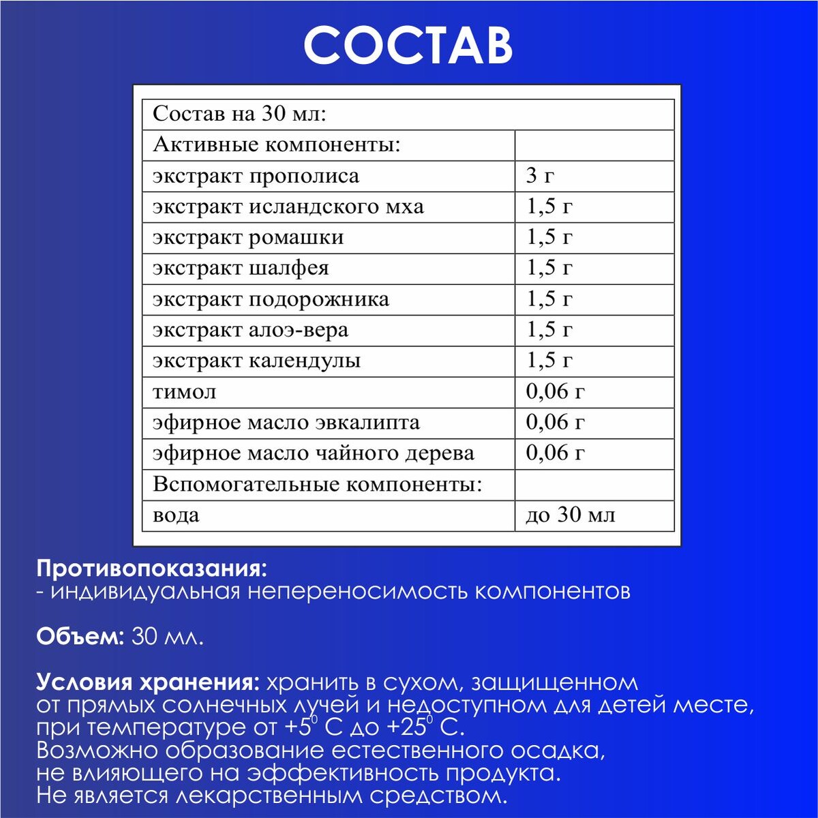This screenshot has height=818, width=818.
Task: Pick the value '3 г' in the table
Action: [540, 176]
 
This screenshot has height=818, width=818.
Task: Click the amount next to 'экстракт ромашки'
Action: [549, 237]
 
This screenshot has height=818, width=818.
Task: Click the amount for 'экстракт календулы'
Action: [549, 361]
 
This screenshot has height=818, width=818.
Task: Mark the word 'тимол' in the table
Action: [185, 392]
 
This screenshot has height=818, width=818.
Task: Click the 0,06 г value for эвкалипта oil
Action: [555, 423]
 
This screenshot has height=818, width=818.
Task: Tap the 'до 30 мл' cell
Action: [570, 515]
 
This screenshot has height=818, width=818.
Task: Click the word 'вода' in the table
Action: [176, 515]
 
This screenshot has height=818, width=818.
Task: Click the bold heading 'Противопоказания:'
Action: [151, 568]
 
